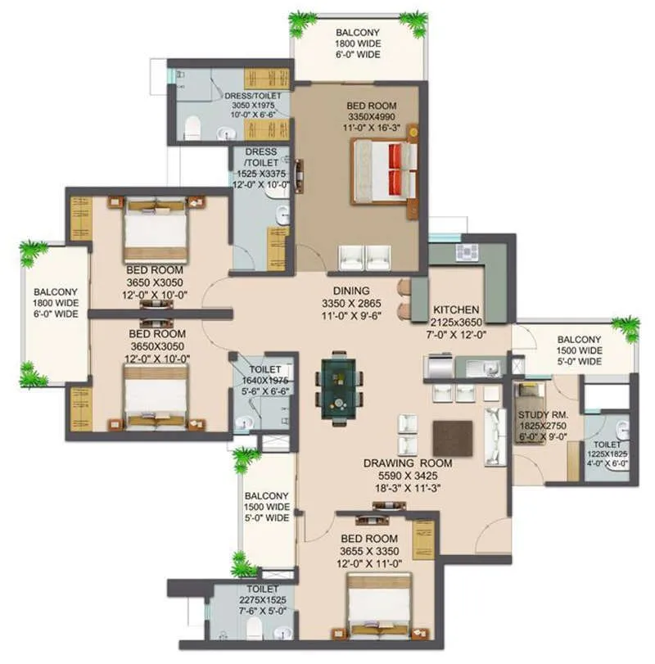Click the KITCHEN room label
[x=456, y=310]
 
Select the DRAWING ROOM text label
[x=408, y=463]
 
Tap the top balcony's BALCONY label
[x=357, y=34]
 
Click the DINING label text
[x=351, y=291]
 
